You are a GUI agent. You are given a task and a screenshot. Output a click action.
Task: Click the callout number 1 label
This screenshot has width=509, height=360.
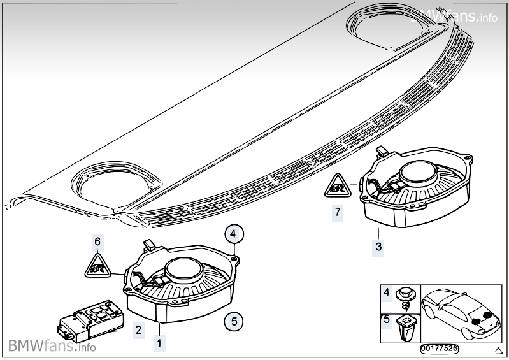click(159, 343)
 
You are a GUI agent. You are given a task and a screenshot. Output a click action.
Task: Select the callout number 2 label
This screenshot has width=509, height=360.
click(138, 329)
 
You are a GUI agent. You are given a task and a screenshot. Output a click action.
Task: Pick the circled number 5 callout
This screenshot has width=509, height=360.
click(234, 322)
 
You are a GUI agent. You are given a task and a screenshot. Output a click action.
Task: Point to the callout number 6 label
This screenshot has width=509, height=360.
click(97, 241)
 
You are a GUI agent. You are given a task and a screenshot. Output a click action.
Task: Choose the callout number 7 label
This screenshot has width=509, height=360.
click(338, 210)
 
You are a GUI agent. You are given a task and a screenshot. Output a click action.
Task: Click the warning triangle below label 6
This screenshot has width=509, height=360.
click(97, 264)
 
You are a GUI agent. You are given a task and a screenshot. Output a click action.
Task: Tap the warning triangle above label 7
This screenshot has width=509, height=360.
click(338, 186)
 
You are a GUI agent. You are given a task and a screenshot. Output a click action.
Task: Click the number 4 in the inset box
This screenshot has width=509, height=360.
click(386, 293)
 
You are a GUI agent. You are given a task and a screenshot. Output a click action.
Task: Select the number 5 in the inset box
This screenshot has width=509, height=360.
click(386, 319)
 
